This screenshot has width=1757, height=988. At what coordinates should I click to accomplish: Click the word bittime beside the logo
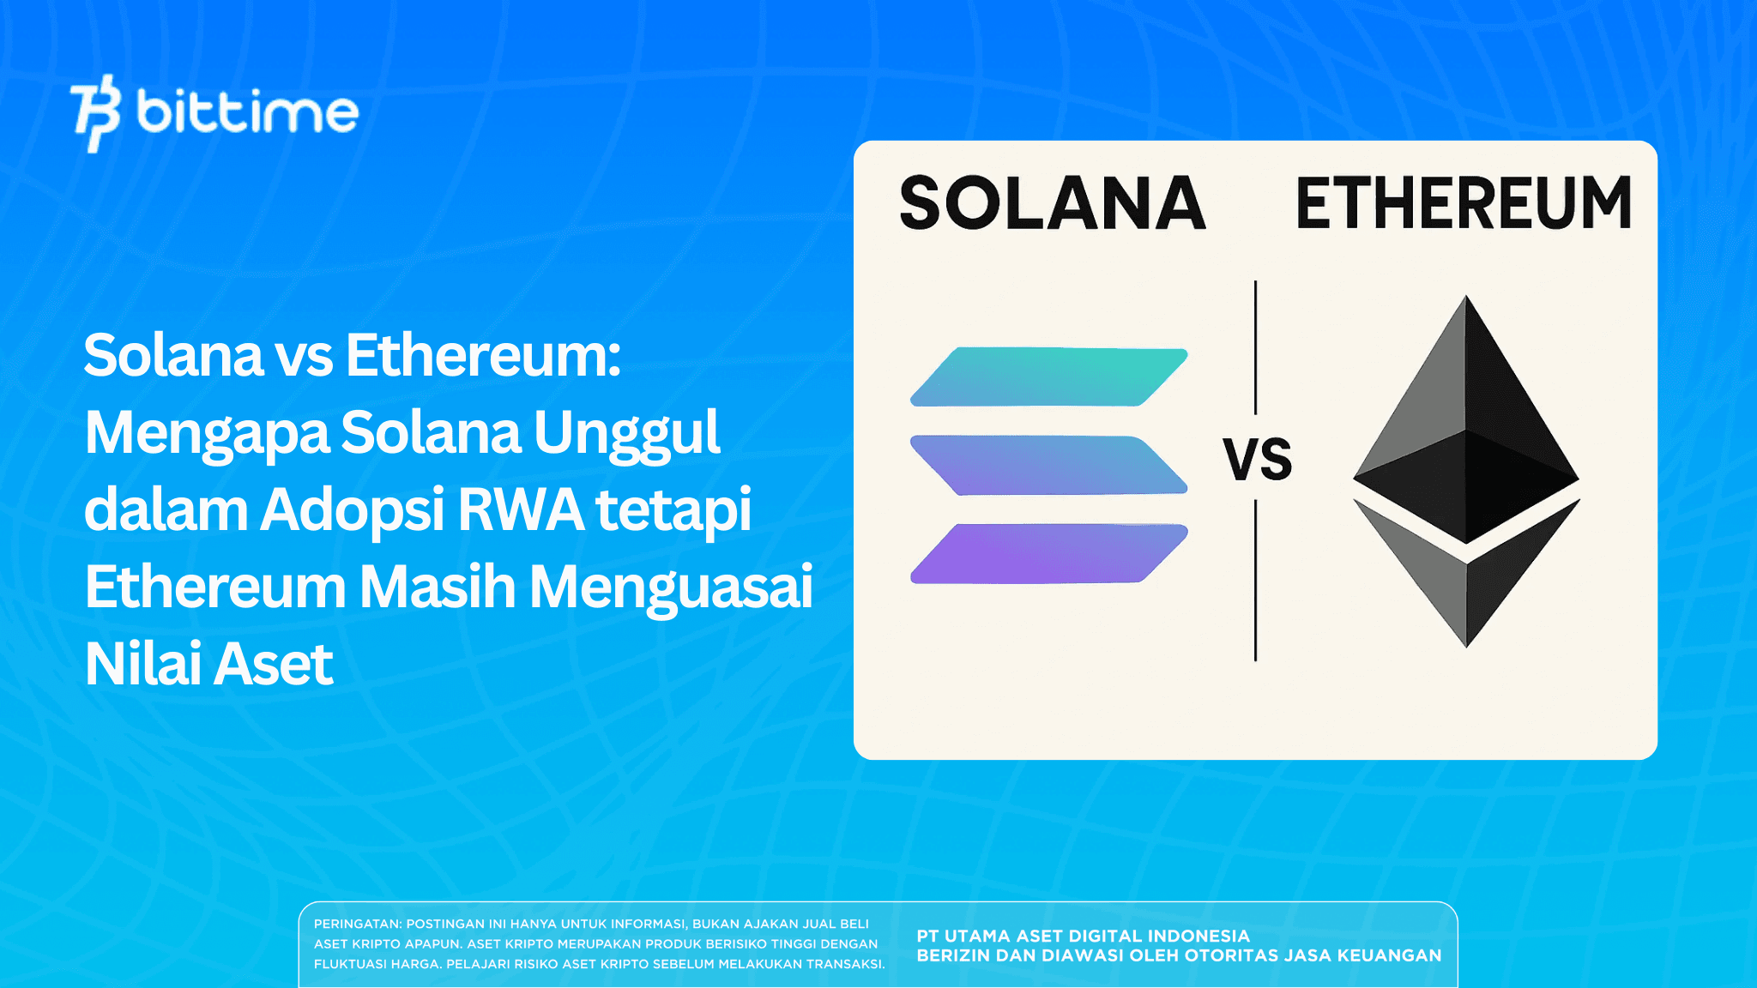[x=247, y=112]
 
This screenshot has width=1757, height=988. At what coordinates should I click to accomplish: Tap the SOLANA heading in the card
[x=1053, y=204]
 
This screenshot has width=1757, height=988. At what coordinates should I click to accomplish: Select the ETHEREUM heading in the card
[x=1463, y=204]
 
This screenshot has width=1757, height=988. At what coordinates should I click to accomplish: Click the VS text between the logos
[x=1257, y=459]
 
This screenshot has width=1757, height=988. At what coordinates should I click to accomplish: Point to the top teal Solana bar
[x=1048, y=377]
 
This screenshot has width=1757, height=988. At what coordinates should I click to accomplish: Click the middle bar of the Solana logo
[x=1048, y=465]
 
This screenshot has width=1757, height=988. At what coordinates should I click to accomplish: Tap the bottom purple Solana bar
[x=1048, y=553]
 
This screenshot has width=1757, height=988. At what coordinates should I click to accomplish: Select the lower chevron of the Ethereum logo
[x=1466, y=583]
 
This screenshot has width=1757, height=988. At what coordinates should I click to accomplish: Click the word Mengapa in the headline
[x=206, y=433]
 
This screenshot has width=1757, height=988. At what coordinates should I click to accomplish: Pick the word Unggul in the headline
[x=626, y=433]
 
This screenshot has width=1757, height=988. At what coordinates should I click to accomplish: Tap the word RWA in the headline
[x=521, y=509]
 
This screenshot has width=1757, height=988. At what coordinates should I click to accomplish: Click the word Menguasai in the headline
[x=670, y=587]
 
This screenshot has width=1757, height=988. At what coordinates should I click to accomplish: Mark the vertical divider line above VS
[x=1255, y=347]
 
